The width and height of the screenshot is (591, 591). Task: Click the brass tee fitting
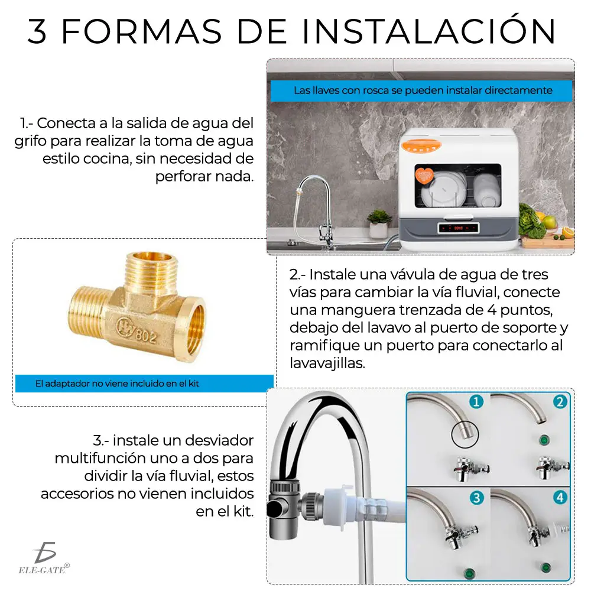(137, 307)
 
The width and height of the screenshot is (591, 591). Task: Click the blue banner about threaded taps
(421, 90)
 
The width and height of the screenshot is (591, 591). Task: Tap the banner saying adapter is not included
(144, 384)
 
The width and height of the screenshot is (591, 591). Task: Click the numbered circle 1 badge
(476, 402)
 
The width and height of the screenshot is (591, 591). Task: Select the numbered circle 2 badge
(560, 402)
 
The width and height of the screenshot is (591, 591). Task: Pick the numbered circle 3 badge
(476, 498)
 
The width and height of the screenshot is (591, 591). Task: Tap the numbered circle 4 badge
(560, 498)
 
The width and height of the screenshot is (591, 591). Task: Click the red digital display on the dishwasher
(458, 228)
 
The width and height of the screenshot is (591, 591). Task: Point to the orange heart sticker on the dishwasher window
(424, 176)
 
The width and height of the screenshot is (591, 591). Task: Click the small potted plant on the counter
(379, 224)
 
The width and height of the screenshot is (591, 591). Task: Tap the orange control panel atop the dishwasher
(421, 146)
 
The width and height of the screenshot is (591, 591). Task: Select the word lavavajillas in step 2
(327, 363)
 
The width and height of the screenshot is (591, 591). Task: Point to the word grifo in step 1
(31, 141)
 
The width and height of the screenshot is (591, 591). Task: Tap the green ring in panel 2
(544, 440)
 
